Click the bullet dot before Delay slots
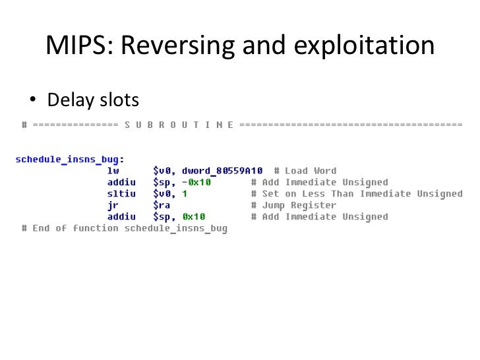31,100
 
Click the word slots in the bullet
119,100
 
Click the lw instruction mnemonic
113,171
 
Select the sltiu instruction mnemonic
121,194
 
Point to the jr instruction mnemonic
113,205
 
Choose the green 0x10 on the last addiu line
194,216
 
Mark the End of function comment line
124,228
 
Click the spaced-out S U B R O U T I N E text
179,125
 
